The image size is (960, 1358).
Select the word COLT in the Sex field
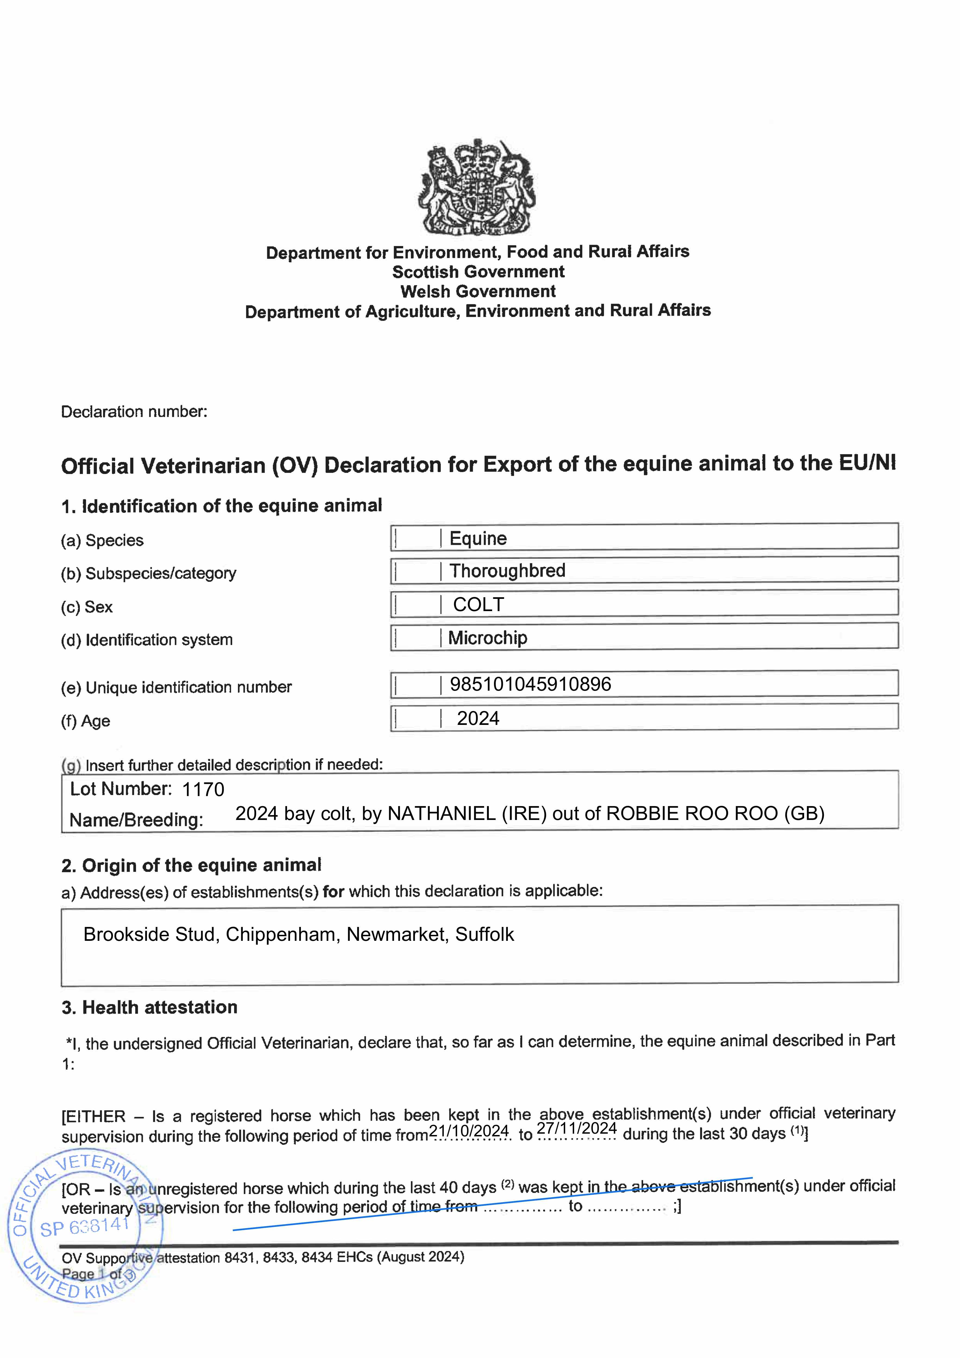tap(478, 605)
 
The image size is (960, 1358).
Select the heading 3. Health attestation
tap(150, 1007)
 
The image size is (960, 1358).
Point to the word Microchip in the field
tap(487, 638)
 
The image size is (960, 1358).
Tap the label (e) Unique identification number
tap(176, 687)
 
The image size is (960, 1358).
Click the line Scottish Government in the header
tap(478, 272)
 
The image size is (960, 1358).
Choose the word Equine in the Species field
tap(478, 538)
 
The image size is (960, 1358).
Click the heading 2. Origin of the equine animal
tap(191, 865)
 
